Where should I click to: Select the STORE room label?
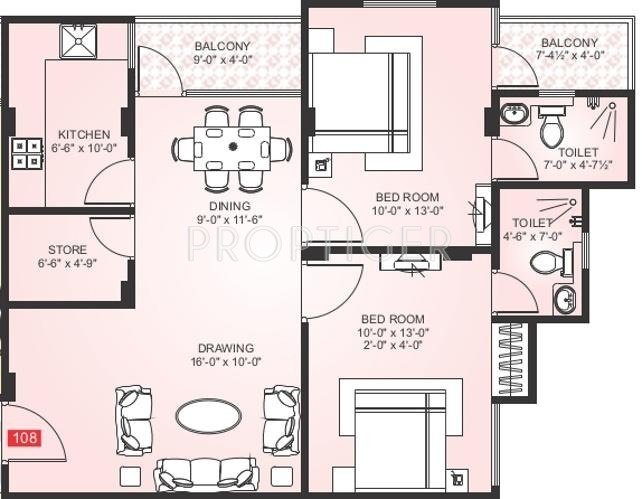coord(68,250)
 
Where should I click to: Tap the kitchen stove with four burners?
coord(24,151)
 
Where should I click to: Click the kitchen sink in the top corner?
coord(77,41)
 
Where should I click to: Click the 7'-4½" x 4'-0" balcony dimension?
coord(570,57)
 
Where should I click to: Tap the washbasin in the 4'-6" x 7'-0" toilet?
coord(566,299)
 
